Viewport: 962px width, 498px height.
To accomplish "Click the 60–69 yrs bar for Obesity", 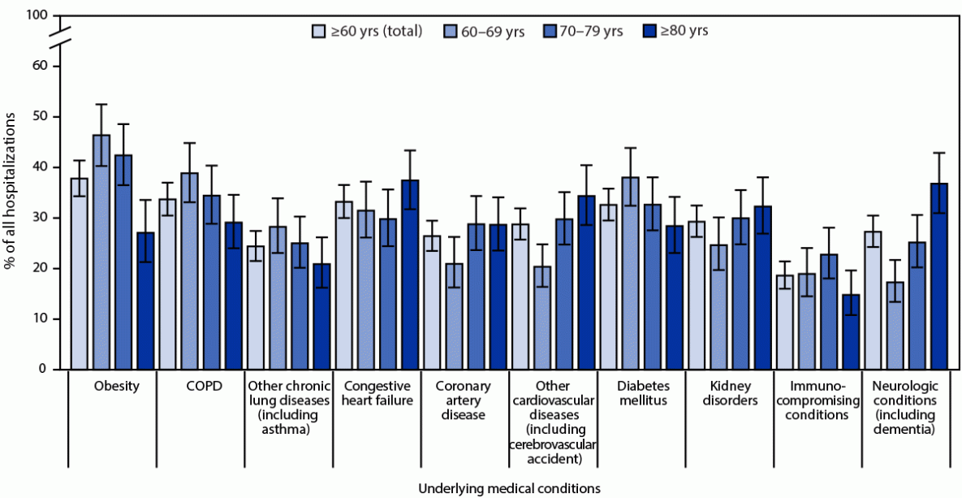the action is point(101,252).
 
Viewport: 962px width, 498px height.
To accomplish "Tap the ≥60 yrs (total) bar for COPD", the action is point(167,284).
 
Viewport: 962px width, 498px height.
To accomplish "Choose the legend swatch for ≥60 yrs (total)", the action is point(319,32).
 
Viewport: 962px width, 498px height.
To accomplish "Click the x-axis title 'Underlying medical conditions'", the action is point(510,488).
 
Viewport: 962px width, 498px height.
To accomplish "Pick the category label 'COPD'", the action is point(200,386).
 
